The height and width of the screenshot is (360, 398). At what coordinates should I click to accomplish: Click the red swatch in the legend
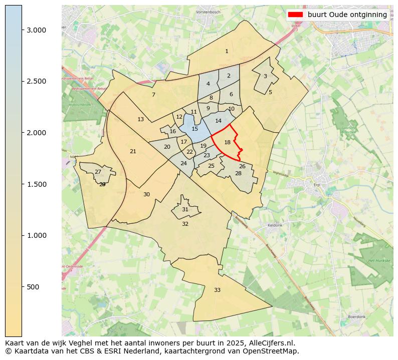tap(295, 15)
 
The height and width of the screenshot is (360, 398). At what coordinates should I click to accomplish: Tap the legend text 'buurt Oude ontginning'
tap(347, 15)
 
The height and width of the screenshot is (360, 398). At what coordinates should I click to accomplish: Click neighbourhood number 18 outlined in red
tap(227, 142)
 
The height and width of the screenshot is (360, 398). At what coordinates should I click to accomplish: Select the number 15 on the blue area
tap(194, 129)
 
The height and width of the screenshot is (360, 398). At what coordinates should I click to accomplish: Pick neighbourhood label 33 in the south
tap(217, 290)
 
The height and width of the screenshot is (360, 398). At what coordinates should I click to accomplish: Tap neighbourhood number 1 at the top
tap(227, 51)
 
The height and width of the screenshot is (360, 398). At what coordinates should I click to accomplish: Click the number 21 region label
tap(133, 151)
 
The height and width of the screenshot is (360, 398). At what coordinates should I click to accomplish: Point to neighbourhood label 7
tap(153, 95)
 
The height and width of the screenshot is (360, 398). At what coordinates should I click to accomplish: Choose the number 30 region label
tap(146, 194)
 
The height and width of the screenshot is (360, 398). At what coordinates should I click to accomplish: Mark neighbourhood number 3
tap(265, 76)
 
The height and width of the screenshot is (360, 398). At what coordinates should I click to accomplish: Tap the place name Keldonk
tap(275, 225)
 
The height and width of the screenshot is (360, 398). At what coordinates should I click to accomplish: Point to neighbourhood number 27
tap(98, 172)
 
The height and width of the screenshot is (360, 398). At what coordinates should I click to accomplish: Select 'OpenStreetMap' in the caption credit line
tap(274, 351)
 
